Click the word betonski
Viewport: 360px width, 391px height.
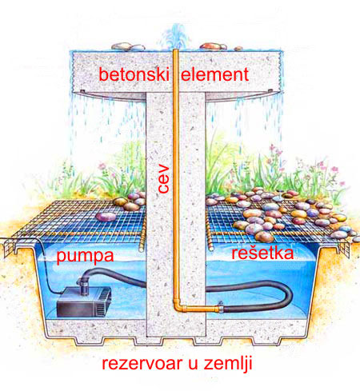pos(134,74)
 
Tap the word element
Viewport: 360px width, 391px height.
pos(215,74)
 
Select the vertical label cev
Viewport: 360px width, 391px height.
pos(163,179)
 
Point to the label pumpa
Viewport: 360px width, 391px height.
pos(85,257)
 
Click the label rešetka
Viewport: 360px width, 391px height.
pos(262,253)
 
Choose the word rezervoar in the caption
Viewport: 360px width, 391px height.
pos(143,363)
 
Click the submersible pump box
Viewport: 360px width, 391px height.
pos(83,302)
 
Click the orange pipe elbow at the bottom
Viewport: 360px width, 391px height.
pos(177,305)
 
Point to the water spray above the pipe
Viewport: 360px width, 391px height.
pos(175,36)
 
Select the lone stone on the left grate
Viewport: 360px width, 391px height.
pos(106,217)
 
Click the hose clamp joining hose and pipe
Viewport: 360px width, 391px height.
pos(221,307)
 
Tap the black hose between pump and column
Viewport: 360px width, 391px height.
pos(114,274)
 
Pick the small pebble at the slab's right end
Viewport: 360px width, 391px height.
pos(238,49)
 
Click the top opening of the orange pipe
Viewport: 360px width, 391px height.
pos(176,50)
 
